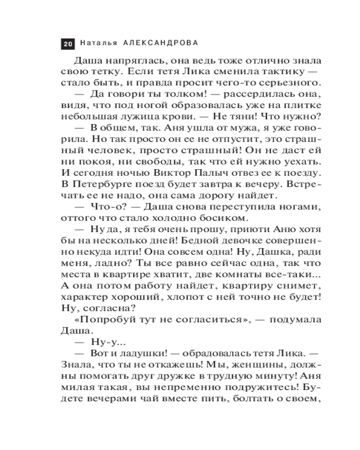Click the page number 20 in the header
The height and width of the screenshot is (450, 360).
point(67,44)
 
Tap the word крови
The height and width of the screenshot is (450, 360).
point(172,117)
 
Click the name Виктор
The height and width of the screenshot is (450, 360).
point(174,173)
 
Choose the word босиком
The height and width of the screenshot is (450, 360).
point(225,218)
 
